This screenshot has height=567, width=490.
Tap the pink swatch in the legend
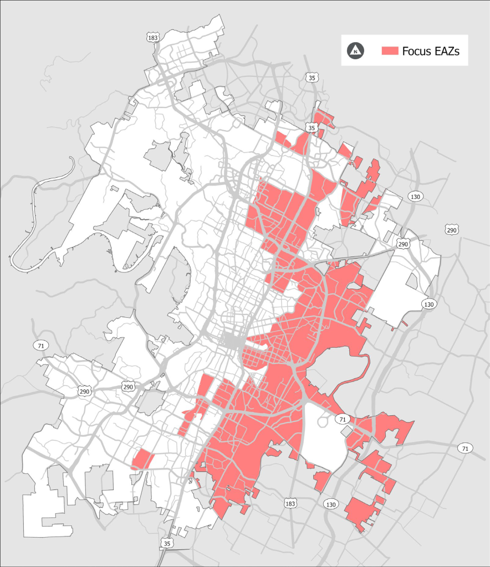tap(390, 50)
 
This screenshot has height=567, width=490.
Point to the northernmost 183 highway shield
tap(153, 38)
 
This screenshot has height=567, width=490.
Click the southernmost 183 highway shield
tap(290, 503)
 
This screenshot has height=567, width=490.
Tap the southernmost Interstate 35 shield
tap(167, 544)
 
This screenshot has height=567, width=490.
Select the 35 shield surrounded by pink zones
tap(312, 128)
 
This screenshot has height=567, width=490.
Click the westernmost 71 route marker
tap(39, 346)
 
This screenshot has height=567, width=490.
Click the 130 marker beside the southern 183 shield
tap(331, 504)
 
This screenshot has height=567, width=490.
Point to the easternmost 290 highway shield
tap(452, 230)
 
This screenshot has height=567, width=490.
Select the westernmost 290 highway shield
tap(84, 390)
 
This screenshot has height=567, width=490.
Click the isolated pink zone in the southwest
tap(142, 460)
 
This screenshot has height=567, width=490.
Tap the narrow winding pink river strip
tap(363, 377)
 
